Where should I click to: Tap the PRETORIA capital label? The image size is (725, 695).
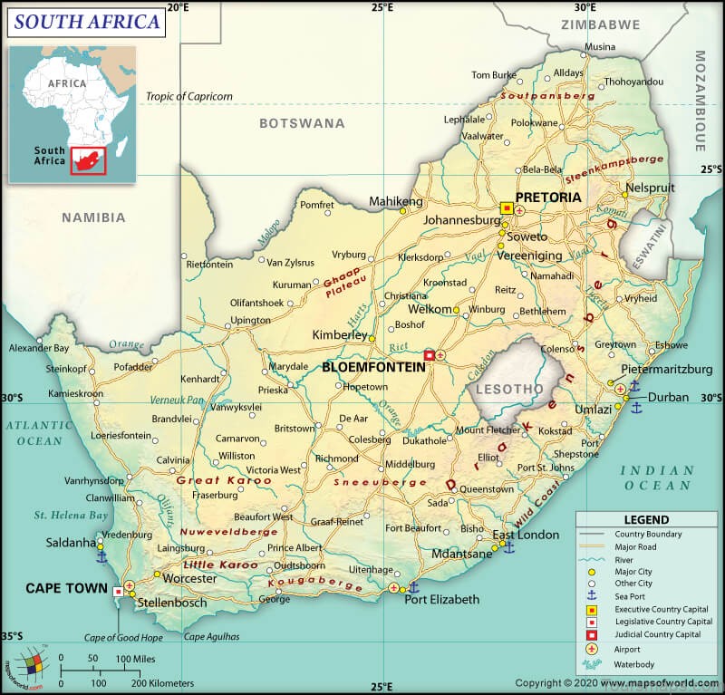point(547,197)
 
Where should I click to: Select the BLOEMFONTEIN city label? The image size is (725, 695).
point(373,368)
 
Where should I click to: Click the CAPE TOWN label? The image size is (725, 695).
point(62,588)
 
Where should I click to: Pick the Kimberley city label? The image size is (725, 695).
point(339,335)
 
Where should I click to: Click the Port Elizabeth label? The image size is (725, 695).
point(441,600)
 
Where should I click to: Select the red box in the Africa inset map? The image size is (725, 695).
point(89,159)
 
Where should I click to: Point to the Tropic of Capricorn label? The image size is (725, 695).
point(189,96)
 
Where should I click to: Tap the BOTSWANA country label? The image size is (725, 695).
point(302,122)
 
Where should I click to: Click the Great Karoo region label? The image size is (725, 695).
point(211,480)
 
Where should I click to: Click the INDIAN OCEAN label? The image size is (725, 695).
point(656,478)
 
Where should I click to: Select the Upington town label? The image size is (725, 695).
point(251,321)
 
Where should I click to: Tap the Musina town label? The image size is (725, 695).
point(599,47)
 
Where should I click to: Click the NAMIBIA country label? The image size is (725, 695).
point(93,217)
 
